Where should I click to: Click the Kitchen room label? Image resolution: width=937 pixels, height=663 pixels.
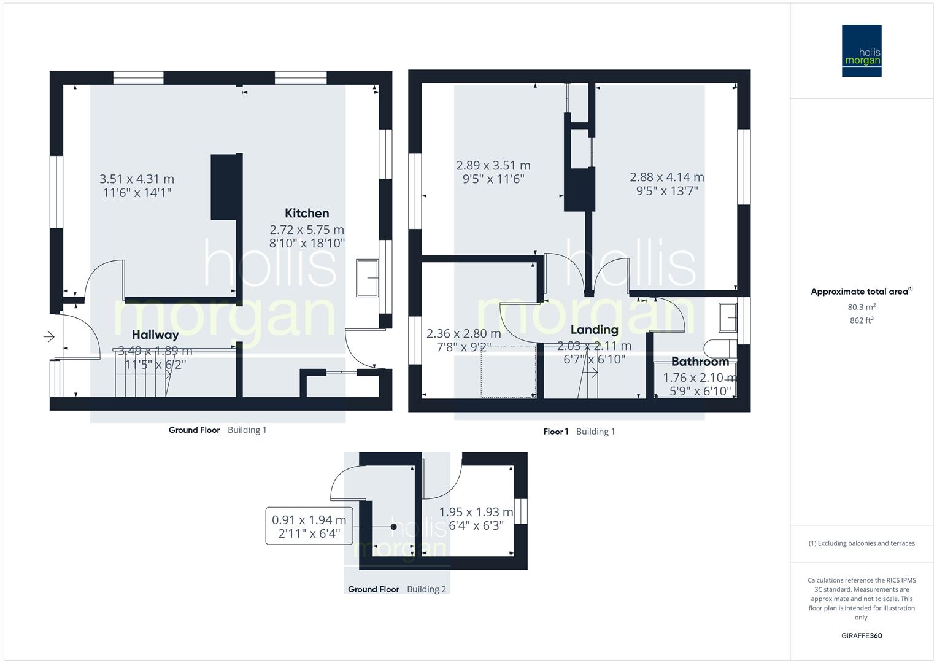click(307, 214)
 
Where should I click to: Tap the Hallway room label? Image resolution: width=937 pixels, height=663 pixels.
click(155, 335)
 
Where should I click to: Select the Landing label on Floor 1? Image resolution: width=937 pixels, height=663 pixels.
click(594, 330)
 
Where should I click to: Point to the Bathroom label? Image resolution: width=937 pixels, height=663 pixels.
click(700, 362)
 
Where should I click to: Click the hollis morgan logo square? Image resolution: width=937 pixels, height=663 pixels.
click(862, 51)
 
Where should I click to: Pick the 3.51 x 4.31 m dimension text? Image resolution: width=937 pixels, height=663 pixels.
click(137, 179)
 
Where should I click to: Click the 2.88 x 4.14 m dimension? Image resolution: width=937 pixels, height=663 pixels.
click(667, 177)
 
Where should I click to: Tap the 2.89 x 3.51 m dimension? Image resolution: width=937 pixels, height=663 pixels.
click(493, 166)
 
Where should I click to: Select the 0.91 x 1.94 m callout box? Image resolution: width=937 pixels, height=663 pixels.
click(309, 526)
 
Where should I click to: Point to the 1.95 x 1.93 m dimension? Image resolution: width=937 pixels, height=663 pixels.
click(476, 512)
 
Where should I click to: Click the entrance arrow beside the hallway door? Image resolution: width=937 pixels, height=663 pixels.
click(49, 336)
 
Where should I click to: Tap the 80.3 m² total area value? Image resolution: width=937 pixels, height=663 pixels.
click(862, 307)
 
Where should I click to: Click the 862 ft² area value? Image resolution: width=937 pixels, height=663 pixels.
click(862, 320)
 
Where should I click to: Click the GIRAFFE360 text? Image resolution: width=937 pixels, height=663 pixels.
click(862, 636)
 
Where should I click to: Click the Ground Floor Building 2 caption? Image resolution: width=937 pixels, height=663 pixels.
click(397, 589)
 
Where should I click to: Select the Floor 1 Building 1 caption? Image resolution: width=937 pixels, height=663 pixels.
click(579, 432)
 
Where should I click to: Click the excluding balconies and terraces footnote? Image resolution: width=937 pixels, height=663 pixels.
click(862, 543)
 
